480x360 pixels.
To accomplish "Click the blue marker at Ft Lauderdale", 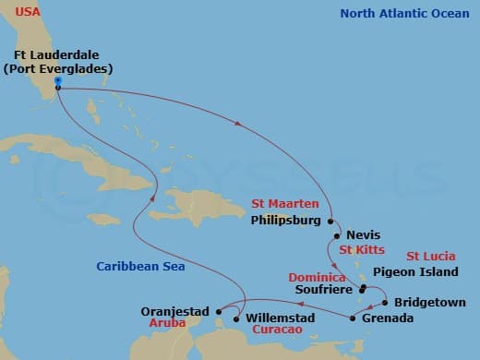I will (57, 81).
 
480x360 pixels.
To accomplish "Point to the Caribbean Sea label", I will (141, 267).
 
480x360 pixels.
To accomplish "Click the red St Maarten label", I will (285, 204).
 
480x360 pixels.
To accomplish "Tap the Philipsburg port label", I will (287, 222).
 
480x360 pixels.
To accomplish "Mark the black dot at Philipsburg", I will (330, 222).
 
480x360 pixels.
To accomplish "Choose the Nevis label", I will (363, 235).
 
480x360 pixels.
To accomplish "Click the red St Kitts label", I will (361, 250).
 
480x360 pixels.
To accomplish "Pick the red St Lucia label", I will (430, 256).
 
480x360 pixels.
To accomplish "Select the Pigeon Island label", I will (415, 272).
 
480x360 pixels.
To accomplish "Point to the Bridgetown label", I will (429, 302).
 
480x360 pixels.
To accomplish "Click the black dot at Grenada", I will (354, 318).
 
